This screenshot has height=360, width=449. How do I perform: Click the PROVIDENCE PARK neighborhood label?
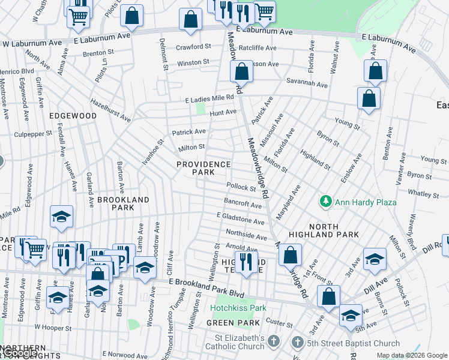pyautogui.click(x=203, y=168)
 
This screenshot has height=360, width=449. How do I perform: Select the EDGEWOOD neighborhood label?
pyautogui.click(x=73, y=115)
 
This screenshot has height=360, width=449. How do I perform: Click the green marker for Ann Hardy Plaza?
pyautogui.click(x=326, y=202)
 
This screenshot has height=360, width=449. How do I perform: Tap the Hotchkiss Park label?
pyautogui.click(x=238, y=308)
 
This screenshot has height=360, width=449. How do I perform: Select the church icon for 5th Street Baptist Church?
pyautogui.click(x=297, y=343)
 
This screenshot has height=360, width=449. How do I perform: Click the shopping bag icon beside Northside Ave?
pyautogui.click(x=290, y=254)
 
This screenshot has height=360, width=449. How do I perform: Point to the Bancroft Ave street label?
pyautogui.click(x=243, y=204)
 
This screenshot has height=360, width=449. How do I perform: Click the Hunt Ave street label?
pyautogui.click(x=223, y=112)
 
